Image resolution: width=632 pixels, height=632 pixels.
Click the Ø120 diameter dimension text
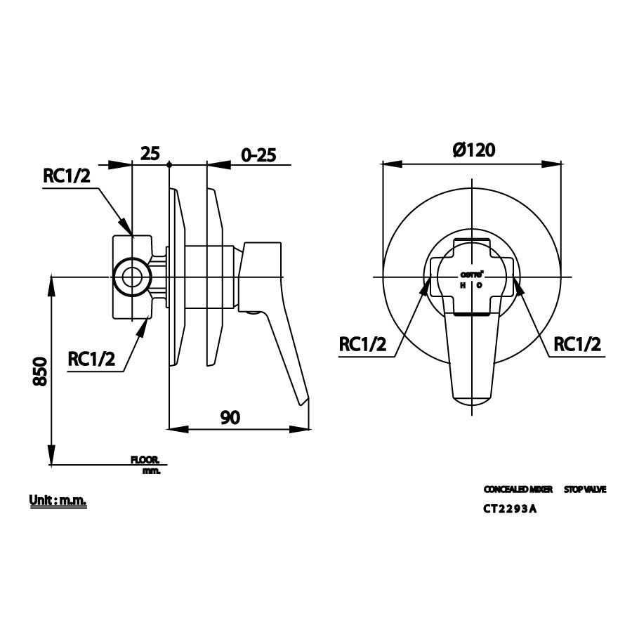[474, 150]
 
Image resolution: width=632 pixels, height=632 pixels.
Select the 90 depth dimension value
[230, 417]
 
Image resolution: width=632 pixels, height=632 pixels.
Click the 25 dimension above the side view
[151, 152]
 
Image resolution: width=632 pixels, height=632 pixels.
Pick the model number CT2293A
[510, 511]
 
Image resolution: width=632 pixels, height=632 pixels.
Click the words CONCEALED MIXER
[518, 489]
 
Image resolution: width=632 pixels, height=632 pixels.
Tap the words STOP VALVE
[584, 489]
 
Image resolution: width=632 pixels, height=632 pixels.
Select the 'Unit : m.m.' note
[58, 501]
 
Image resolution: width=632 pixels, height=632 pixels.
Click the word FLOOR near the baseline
[145, 460]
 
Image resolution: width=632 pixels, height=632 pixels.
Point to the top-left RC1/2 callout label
[67, 176]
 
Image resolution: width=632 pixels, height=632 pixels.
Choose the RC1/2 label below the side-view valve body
[91, 359]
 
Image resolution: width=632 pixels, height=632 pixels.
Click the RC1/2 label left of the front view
[362, 344]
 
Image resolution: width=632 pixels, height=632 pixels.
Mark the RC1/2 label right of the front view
[577, 344]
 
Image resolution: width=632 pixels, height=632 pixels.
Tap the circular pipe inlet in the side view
[131, 277]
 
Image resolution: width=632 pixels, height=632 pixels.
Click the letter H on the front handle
[463, 285]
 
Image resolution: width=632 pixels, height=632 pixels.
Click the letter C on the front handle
[480, 285]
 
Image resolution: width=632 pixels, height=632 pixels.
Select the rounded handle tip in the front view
[471, 401]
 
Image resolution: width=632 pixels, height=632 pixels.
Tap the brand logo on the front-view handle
[471, 274]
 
